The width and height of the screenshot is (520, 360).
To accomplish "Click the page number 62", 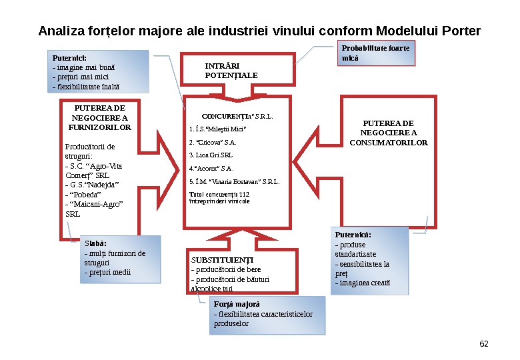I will click(x=484, y=344).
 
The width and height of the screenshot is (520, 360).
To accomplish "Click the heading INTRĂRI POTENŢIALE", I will click(x=231, y=71).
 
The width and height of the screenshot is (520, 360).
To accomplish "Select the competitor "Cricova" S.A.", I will click(x=213, y=142).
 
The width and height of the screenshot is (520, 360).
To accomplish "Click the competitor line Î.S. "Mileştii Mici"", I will click(x=218, y=129).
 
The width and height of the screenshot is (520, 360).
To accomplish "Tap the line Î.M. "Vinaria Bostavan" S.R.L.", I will click(x=235, y=181).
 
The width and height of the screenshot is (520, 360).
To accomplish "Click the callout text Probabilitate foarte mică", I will click(x=375, y=53).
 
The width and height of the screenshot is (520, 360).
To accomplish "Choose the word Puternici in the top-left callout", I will click(x=69, y=58).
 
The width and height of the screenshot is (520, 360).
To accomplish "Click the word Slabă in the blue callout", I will click(x=95, y=243).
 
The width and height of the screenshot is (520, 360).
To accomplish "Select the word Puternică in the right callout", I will click(x=353, y=235).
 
